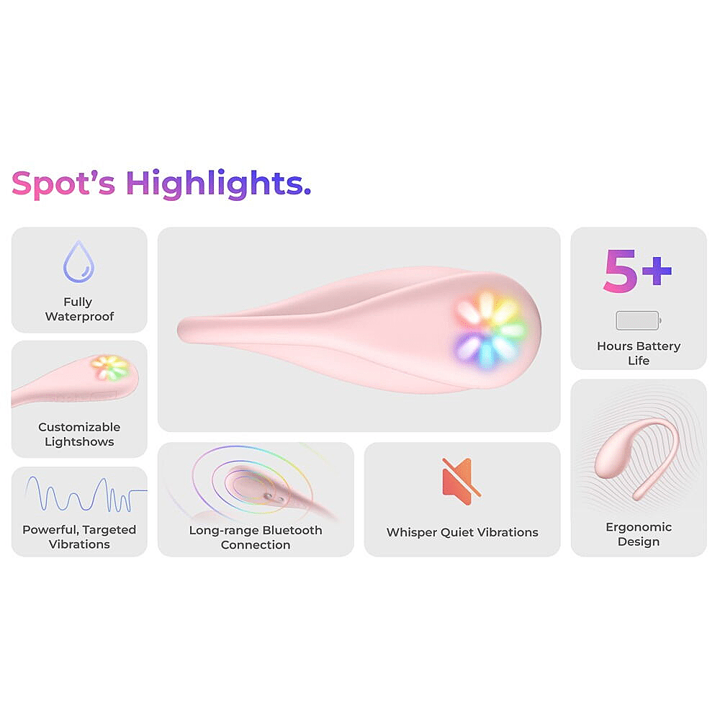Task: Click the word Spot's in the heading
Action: (63, 184)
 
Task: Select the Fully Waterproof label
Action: (79, 309)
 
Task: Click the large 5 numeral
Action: (620, 271)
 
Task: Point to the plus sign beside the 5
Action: (657, 271)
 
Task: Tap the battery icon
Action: (638, 320)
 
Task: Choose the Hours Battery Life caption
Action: (638, 353)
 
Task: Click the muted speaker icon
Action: (461, 481)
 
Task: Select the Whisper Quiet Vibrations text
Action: (462, 532)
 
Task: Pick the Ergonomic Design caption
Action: (638, 534)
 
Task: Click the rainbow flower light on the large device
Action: (490, 329)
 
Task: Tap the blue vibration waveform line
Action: (86, 495)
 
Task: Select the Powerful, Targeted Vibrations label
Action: (79, 537)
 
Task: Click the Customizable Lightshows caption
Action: (79, 434)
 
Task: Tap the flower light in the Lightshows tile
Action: (110, 367)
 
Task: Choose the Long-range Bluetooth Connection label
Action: (256, 537)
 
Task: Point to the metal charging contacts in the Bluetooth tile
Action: (273, 497)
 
